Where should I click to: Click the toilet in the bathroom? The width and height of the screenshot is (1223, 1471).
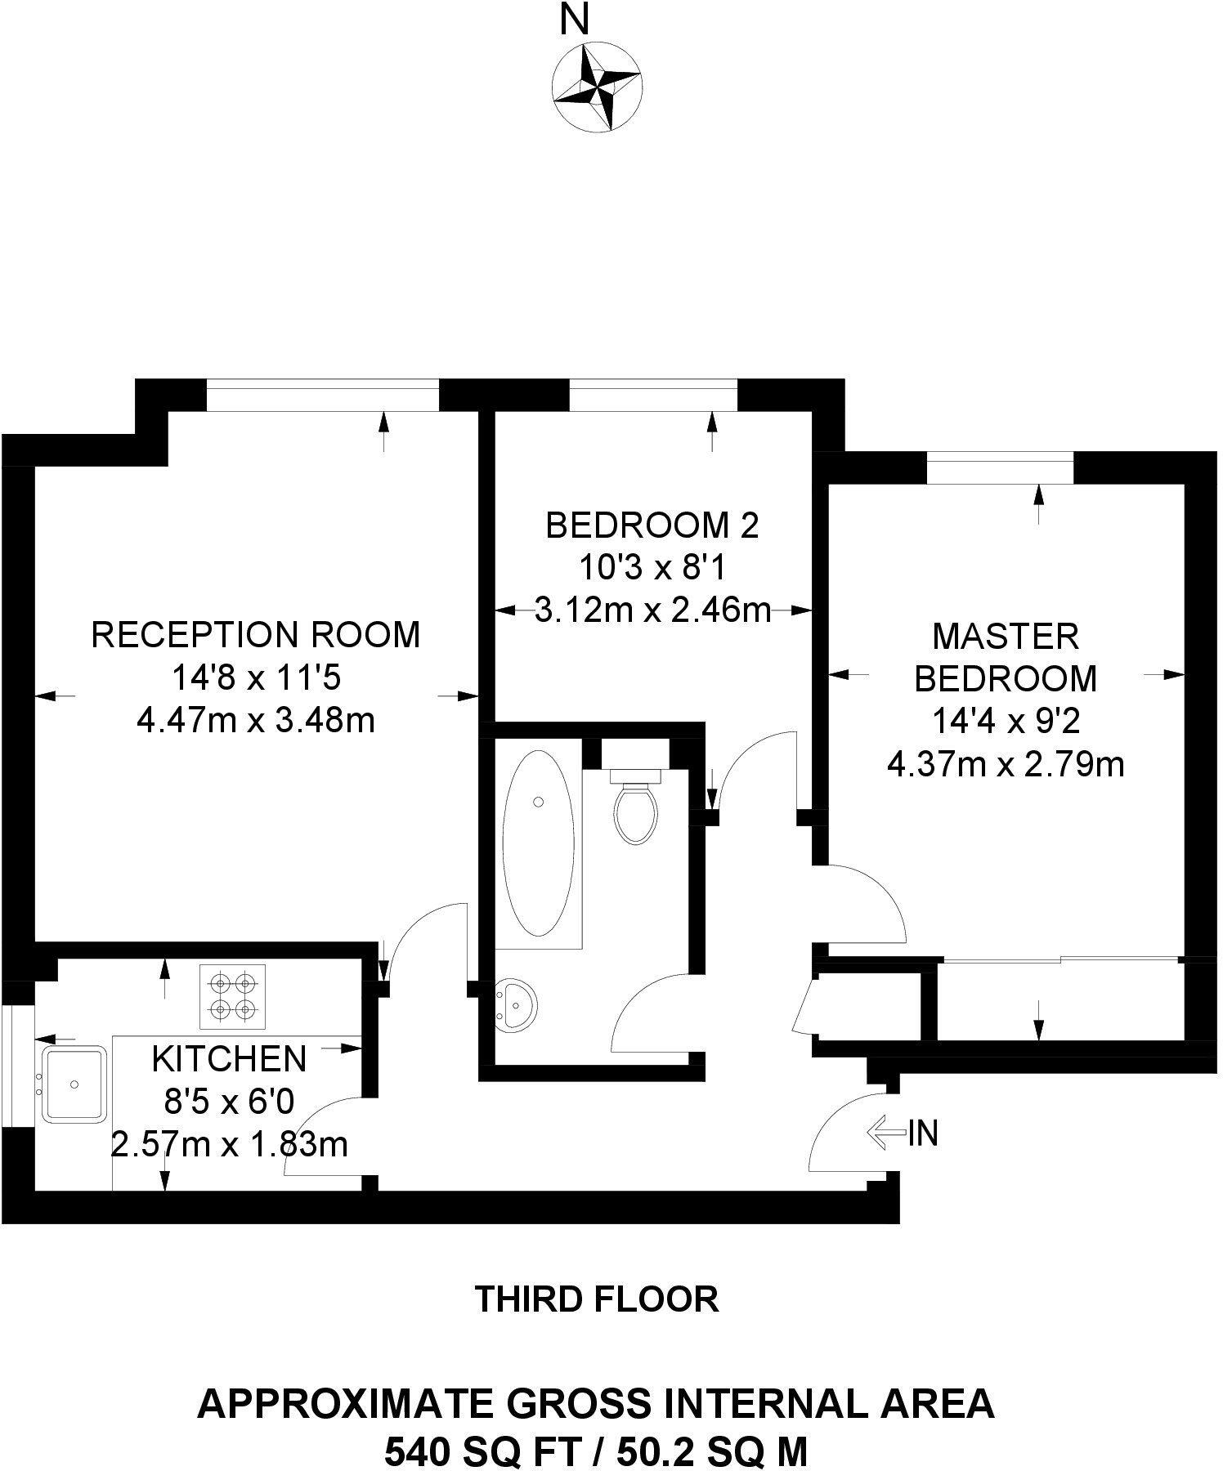(637, 809)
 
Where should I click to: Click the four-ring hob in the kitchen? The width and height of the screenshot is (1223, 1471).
(232, 996)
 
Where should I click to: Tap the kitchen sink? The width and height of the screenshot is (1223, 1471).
(74, 1084)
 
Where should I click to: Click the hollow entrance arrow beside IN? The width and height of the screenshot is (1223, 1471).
(885, 1133)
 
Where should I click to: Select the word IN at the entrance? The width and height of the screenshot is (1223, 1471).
(923, 1133)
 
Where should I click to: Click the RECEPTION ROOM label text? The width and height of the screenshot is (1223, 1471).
(256, 634)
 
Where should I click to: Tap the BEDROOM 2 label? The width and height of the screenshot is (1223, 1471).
(652, 525)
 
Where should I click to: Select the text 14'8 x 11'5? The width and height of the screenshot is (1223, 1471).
(256, 677)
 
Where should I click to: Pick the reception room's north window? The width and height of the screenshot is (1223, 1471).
(323, 395)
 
